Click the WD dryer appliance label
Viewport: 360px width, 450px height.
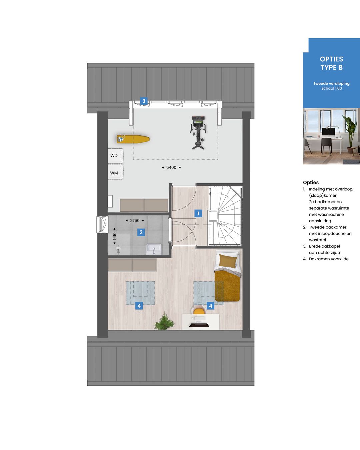114,156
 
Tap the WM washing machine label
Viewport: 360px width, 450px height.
114,173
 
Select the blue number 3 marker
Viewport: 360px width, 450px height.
144,101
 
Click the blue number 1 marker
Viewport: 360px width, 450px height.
198,213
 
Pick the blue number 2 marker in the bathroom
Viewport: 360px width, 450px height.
141,232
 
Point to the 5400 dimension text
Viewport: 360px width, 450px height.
171,168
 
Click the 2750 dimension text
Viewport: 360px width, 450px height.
135,221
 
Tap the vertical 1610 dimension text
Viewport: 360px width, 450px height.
115,236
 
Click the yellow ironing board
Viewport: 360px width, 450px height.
133,139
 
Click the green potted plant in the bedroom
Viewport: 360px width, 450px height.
164,322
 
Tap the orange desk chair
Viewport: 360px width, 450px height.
199,311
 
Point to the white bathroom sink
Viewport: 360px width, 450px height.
154,249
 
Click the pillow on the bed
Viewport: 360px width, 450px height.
228,260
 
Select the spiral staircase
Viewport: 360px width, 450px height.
225,216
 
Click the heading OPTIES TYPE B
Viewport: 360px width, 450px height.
331,63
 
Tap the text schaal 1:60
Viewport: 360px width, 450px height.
332,89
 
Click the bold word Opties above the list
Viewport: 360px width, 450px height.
311,183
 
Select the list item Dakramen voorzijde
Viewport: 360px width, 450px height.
329,259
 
